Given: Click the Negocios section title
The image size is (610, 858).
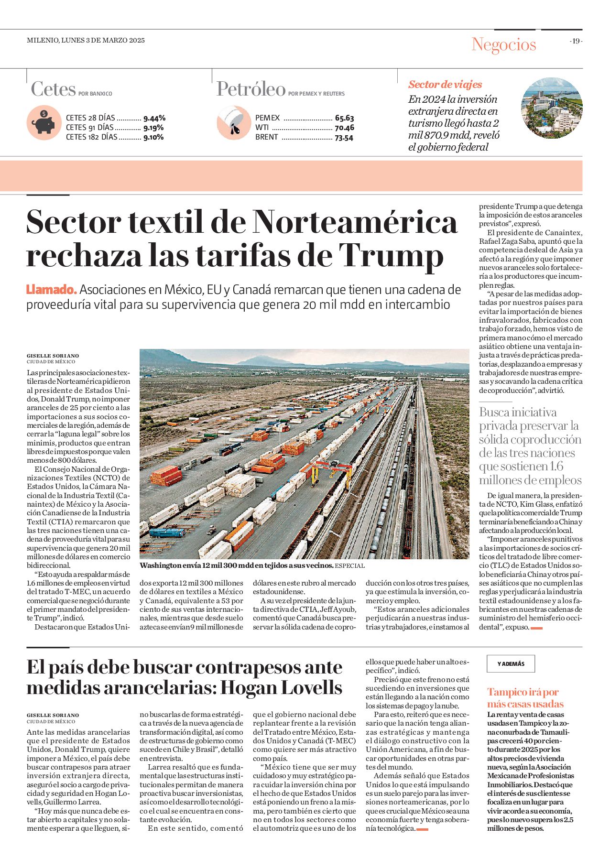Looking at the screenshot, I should tap(503, 44).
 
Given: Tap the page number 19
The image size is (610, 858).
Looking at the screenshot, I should tap(576, 41).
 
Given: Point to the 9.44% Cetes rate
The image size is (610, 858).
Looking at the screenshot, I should tap(154, 118).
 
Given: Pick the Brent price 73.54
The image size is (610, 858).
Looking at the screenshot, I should tap(344, 138).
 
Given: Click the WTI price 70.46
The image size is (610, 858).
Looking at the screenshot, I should tap(344, 128).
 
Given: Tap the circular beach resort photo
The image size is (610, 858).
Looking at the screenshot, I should tap(551, 108).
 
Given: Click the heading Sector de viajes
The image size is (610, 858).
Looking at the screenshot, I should tap(445, 85).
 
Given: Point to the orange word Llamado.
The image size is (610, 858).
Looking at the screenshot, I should tap(51, 290).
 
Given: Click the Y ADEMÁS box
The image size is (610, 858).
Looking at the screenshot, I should tap(511, 663).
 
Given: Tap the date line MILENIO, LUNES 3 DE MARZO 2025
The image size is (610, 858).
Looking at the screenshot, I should tap(86, 41).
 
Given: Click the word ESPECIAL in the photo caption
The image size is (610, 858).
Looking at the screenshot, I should tap(349, 566).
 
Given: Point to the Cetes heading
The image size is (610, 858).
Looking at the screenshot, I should tap(53, 89).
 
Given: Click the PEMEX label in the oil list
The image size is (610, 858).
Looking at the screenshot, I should tap(267, 118).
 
